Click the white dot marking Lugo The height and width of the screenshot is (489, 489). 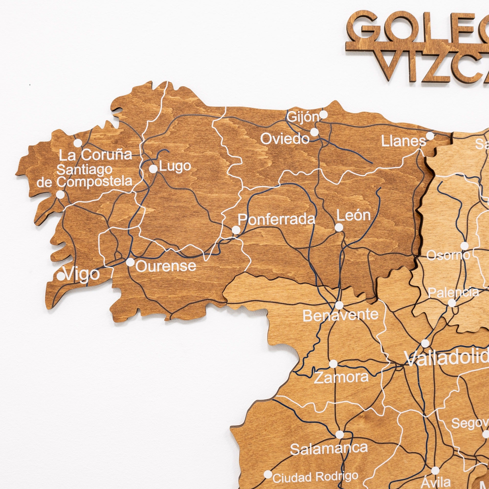(x=153, y=168)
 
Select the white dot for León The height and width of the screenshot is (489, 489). (x=339, y=228)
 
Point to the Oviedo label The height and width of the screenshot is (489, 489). (x=285, y=139)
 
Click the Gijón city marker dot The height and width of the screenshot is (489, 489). (x=323, y=115)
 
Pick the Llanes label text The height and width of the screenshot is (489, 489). (x=403, y=141)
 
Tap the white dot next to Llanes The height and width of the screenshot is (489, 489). (x=430, y=136)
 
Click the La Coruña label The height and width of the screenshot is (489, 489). (x=96, y=155)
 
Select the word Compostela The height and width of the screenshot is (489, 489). (x=94, y=181)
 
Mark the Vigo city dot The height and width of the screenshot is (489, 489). (x=61, y=276)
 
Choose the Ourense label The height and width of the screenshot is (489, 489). (x=166, y=266)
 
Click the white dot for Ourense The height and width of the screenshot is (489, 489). (x=130, y=262)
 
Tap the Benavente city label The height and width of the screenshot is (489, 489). (x=340, y=315)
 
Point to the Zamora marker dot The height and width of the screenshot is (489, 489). (x=333, y=364)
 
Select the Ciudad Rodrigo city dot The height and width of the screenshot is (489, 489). (x=268, y=474)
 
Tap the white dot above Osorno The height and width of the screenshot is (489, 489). (x=465, y=246)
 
